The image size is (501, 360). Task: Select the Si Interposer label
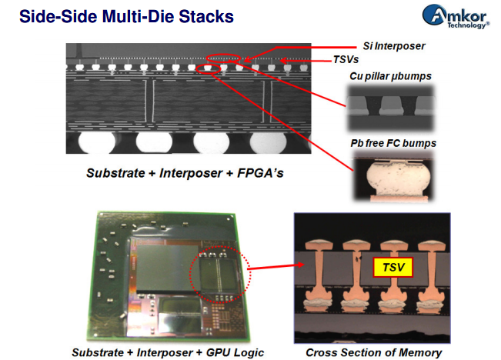[x=393, y=46]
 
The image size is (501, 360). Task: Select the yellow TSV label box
[x=393, y=268]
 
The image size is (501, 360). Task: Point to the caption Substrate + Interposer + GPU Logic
[x=168, y=352]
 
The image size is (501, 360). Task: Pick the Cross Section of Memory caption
[x=374, y=352]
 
